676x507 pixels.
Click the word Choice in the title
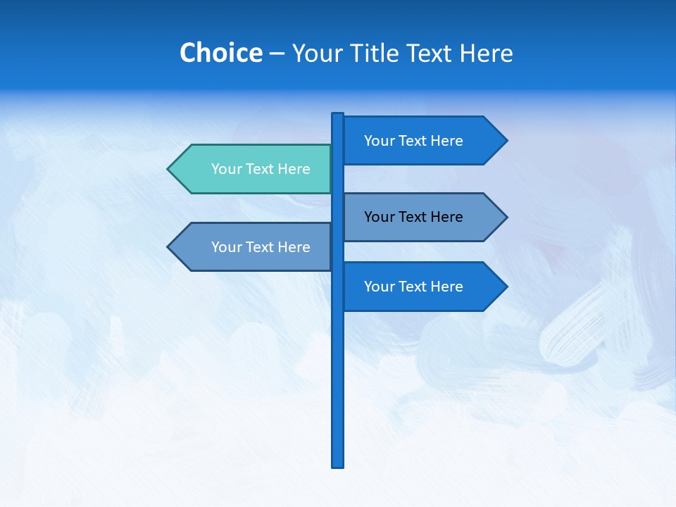[x=220, y=53]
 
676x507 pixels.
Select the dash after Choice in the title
[x=277, y=54]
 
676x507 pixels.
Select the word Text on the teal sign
[x=260, y=169]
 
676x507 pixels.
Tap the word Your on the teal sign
[x=226, y=169]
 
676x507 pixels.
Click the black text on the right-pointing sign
[x=413, y=217]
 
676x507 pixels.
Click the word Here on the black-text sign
[x=447, y=217]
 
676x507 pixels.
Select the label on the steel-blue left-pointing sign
[x=261, y=247]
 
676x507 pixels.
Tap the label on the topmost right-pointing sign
[x=413, y=141]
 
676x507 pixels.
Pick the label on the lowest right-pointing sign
[x=413, y=287]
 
